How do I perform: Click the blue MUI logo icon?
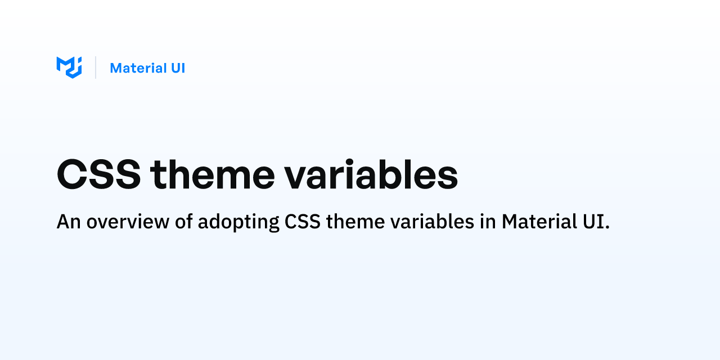pyautogui.click(x=69, y=67)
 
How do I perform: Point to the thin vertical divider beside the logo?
pyautogui.click(x=96, y=67)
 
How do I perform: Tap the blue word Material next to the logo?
pyautogui.click(x=138, y=68)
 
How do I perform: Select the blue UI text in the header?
pyautogui.click(x=178, y=68)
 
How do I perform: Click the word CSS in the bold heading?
pyautogui.click(x=98, y=174)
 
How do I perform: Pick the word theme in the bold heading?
pyautogui.click(x=213, y=174)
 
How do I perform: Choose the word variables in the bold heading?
pyautogui.click(x=371, y=174)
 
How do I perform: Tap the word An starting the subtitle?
pyautogui.click(x=69, y=222)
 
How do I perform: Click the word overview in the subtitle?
pyautogui.click(x=128, y=222)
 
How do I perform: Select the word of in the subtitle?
pyautogui.click(x=184, y=221)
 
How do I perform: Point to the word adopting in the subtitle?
pyautogui.click(x=238, y=222)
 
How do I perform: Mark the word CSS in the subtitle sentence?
pyautogui.click(x=303, y=222)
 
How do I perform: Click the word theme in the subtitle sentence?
pyautogui.click(x=355, y=222)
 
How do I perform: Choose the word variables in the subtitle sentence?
pyautogui.click(x=433, y=221)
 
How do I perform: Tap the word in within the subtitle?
pyautogui.click(x=488, y=221)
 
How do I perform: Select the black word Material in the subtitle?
pyautogui.click(x=539, y=221)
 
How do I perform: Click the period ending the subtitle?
pyautogui.click(x=607, y=227)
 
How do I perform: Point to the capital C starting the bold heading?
pyautogui.click(x=71, y=174)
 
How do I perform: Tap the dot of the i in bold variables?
pyautogui.click(x=349, y=162)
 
